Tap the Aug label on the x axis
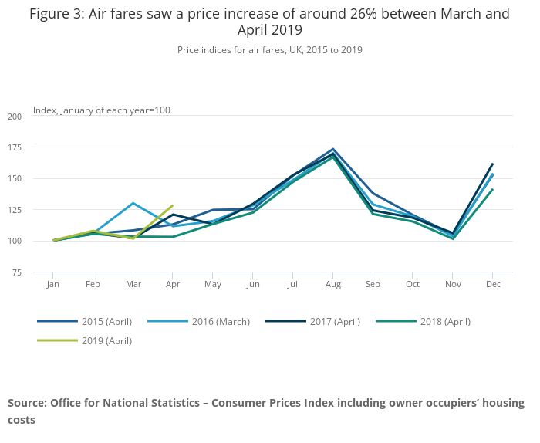332,285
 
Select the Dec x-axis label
493,285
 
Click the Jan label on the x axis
53,285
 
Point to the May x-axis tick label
213,285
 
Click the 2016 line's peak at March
133,203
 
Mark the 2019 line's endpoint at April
174,205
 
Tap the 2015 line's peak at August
333,149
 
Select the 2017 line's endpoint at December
493,164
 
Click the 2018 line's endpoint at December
493,189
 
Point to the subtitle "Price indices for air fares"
231,49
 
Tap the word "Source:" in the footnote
27,403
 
